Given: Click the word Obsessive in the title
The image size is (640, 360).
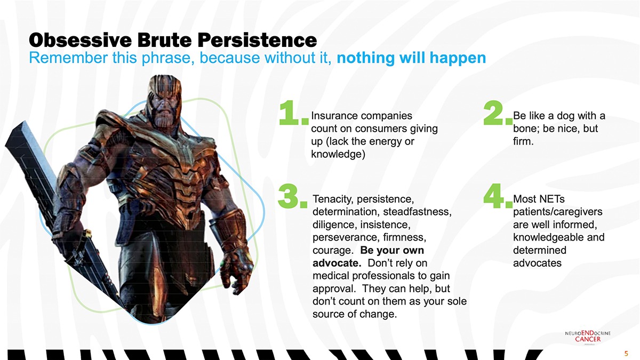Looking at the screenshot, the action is coord(81,40).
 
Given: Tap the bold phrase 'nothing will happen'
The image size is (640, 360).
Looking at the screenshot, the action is coord(411,58).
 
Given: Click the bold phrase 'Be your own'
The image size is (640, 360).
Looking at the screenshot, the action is coord(392,250).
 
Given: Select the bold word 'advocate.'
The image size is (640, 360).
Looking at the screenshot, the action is coord(337,263).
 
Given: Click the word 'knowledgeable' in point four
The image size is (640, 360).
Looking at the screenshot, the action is coord(546,237).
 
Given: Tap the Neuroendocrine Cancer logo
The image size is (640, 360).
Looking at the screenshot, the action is coord(588,337).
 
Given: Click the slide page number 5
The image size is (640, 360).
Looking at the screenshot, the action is coord(626,354).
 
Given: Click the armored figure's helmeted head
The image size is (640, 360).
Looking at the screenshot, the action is coord(165,100).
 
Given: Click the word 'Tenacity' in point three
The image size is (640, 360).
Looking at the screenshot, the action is coord(331,199).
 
